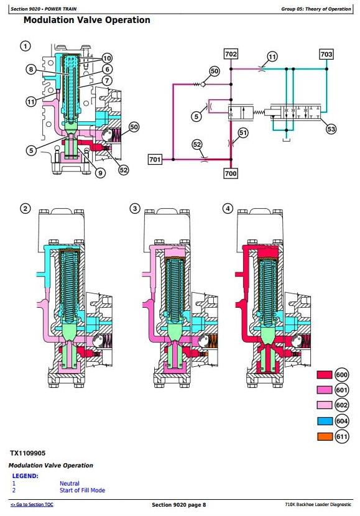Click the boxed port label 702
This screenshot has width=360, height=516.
[231, 54]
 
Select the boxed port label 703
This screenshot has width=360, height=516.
[326, 54]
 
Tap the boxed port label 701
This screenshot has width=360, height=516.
[155, 160]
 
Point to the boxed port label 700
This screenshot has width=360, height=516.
[230, 173]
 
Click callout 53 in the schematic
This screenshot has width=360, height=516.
[331, 129]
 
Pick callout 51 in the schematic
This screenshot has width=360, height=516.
[243, 133]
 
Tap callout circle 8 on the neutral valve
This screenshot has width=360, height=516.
[31, 69]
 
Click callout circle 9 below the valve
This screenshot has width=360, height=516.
[100, 173]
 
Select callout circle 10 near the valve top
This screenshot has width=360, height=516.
[108, 58]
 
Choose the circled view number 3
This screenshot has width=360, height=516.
[135, 209]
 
